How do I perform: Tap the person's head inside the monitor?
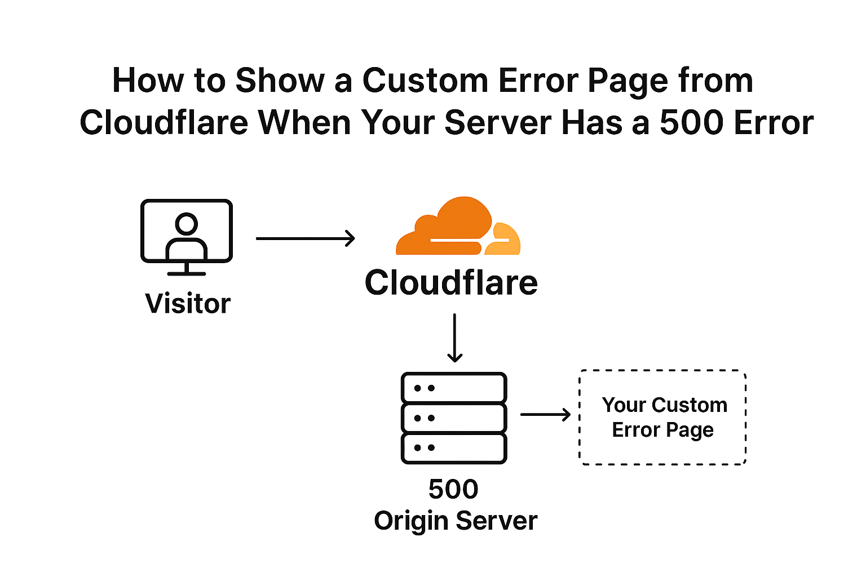pos(186,224)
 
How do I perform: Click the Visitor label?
pos(188,304)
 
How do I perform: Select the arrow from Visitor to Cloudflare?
pos(305,238)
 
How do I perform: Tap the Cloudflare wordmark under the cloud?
pos(451,282)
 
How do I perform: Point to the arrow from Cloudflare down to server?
pos(454,338)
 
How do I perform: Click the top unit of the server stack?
pos(454,388)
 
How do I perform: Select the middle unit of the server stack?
pos(454,418)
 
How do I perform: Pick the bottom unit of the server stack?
pos(454,448)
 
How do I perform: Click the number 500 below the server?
pos(453,489)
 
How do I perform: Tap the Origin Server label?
pos(456,521)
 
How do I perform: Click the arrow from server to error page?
pos(545,415)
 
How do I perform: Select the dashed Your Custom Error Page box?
pos(663,418)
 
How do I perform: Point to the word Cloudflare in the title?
pos(164,122)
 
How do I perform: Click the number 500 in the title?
pos(692,122)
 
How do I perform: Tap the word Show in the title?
pos(280,81)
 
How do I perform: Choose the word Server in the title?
pos(497,122)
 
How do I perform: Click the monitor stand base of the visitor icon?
pos(187,273)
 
